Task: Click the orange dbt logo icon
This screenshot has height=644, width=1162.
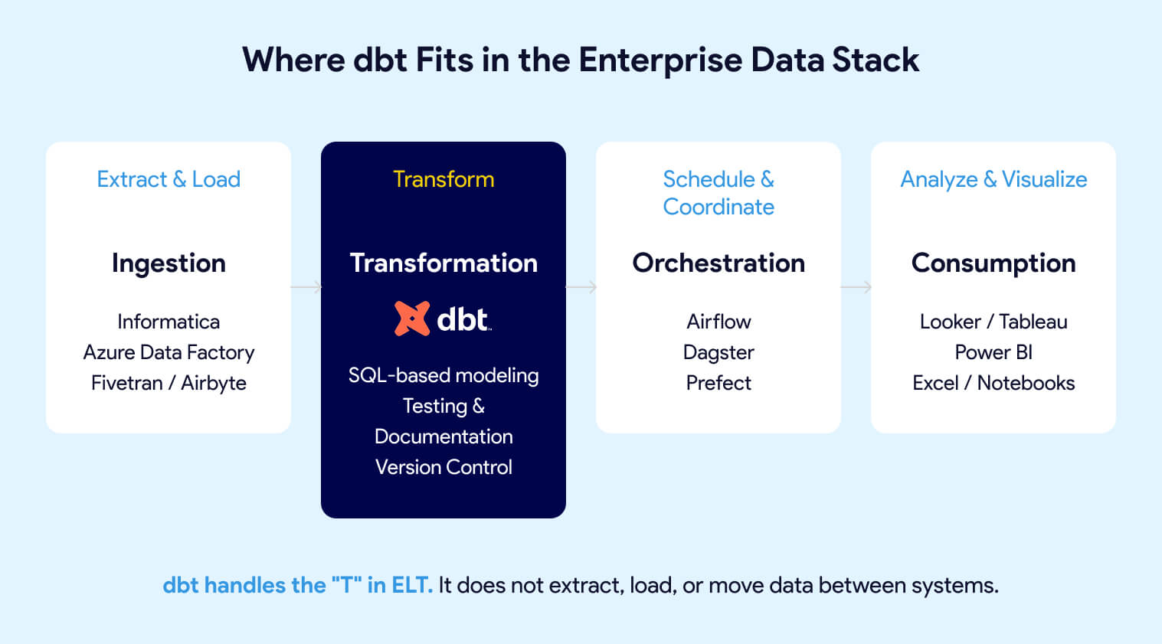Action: coord(412,319)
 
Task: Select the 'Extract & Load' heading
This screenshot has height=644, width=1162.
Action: coord(169,179)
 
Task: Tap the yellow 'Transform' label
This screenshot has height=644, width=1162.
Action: coord(444,179)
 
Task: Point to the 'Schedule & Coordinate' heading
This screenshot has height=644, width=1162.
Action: coord(718,193)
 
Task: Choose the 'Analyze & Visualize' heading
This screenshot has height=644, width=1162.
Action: coord(993,179)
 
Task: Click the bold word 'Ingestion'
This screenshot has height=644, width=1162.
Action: coord(169,263)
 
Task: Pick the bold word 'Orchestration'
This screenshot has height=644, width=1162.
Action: coord(718,263)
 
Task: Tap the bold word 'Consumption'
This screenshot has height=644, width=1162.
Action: coord(993,263)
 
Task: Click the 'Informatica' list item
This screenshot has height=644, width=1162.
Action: coord(169,322)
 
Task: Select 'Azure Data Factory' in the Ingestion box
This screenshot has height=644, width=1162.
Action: coord(169,352)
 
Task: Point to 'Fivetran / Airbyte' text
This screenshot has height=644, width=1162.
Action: coord(169,383)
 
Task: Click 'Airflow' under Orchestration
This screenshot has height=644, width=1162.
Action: coord(718,322)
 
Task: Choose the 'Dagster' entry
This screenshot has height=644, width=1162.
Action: coord(718,352)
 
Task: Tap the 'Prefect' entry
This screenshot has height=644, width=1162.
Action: coord(718,383)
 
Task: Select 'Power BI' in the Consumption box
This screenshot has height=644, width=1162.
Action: coord(993,352)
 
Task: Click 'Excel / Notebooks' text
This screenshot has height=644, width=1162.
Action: coord(993,383)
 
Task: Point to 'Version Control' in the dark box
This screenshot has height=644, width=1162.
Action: coord(444,467)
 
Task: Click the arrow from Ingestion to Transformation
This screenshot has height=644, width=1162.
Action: coord(306,287)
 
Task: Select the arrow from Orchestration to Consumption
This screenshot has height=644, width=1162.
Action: coord(856,287)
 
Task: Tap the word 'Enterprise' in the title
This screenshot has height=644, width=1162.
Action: coord(660,60)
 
